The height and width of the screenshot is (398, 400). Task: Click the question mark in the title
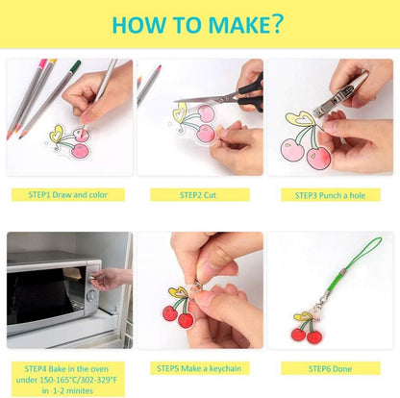tap(275, 23)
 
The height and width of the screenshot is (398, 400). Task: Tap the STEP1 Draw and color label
tap(67, 195)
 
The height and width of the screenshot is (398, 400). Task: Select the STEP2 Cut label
tap(199, 195)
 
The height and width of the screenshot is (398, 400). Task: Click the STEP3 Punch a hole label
tap(331, 195)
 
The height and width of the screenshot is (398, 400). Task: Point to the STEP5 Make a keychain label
tap(199, 368)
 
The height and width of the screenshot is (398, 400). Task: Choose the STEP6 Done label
tap(331, 368)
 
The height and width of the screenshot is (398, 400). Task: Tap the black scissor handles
tap(252, 93)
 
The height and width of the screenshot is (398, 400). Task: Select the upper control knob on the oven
tap(93, 276)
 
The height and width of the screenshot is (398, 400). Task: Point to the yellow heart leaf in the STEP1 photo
tap(57, 134)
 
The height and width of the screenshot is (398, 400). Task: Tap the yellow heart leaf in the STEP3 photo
tap(301, 118)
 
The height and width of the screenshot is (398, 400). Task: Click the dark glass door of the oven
tap(45, 291)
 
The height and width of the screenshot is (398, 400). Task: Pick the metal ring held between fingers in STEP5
tap(197, 285)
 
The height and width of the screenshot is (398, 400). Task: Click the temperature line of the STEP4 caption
tap(66, 380)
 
